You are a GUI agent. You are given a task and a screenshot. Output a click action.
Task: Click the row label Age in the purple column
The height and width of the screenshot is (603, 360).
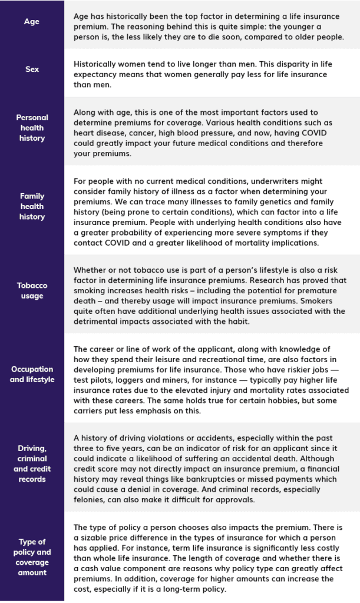(x=32, y=22)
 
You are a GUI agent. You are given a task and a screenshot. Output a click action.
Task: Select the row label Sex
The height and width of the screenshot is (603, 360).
(x=32, y=69)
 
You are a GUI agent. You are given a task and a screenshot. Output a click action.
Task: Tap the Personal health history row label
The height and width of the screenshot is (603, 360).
(x=32, y=128)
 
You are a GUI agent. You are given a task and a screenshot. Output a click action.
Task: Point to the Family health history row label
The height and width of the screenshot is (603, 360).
(x=32, y=206)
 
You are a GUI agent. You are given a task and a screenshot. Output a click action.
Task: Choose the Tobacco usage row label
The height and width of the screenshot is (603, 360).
(x=32, y=290)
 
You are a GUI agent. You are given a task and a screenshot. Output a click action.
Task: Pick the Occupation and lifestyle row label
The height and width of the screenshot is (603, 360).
(x=32, y=375)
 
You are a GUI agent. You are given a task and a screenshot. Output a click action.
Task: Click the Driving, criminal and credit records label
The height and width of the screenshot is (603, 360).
(x=32, y=464)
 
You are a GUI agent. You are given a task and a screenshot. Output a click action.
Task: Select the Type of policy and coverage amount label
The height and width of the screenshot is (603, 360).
(x=32, y=557)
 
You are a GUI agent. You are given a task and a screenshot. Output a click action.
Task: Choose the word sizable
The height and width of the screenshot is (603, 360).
(x=97, y=538)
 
